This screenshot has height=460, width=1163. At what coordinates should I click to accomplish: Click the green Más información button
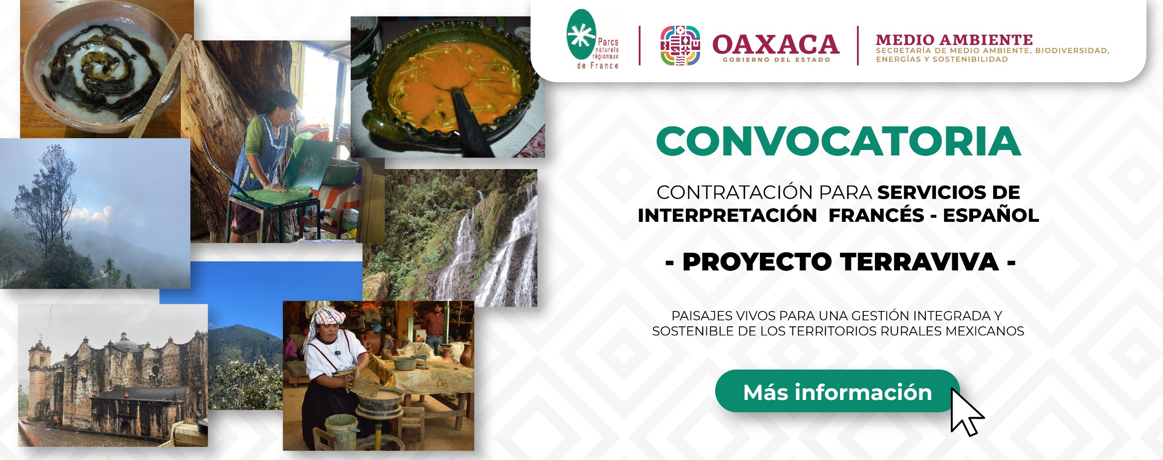pos(837,391)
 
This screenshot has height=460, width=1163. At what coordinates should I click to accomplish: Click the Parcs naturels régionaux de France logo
pos(592,40)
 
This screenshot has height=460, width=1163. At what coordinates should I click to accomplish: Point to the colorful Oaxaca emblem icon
pos(680,45)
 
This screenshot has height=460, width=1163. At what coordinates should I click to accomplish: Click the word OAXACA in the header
pos(775,44)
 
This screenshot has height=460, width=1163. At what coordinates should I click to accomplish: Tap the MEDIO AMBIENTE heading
pos(954,40)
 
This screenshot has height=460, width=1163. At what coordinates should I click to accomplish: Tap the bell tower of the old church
pos(39,364)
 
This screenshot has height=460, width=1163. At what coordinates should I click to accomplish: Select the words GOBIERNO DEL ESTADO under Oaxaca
pos(776,60)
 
